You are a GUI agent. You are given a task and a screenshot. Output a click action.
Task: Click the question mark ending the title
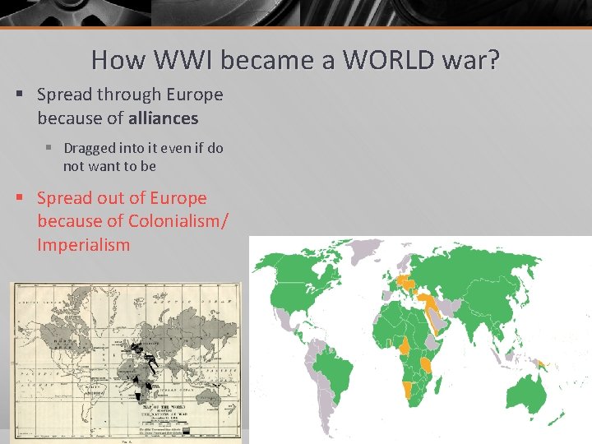point(493,59)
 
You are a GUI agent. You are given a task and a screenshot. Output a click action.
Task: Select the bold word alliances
point(164,118)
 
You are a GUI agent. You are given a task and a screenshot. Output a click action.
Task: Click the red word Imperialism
point(83,244)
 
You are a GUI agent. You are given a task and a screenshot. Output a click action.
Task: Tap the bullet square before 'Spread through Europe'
point(19,95)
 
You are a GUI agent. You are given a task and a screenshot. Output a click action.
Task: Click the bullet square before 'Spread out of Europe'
point(19,198)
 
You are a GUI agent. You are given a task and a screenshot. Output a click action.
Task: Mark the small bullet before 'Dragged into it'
point(49,148)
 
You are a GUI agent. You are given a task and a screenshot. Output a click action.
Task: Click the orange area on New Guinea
point(539,362)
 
